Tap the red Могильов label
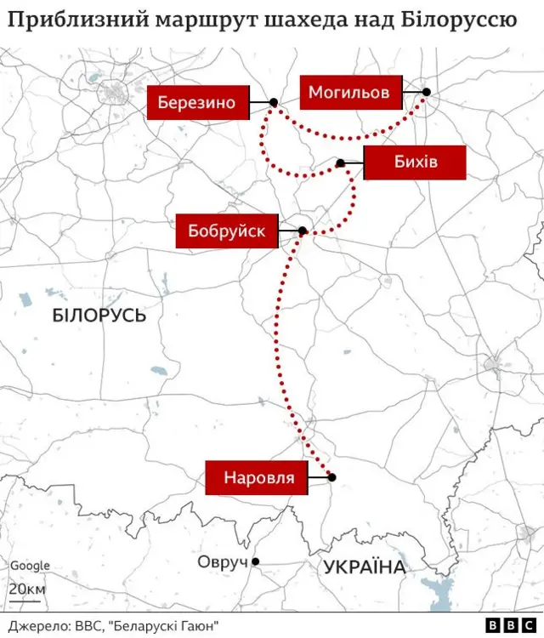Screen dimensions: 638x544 click(349, 92)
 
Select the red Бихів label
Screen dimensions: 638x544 click(415, 162)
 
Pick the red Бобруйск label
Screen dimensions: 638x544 click(227, 231)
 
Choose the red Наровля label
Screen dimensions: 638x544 click(258, 477)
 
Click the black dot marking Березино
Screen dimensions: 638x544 click(274, 103)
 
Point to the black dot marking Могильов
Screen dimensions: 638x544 click(426, 92)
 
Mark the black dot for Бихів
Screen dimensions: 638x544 click(340, 162)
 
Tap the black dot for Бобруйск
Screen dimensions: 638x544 click(303, 231)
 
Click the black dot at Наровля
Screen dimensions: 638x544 click(331, 477)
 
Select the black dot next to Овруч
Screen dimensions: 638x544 click(255, 561)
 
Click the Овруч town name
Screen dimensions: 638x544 click(222, 561)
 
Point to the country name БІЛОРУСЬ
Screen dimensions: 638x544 click(99, 316)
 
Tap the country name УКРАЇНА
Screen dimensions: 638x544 click(364, 567)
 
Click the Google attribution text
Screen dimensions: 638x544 click(30, 566)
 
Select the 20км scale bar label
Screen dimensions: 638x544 click(27, 590)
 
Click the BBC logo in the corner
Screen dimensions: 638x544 click(500, 624)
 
